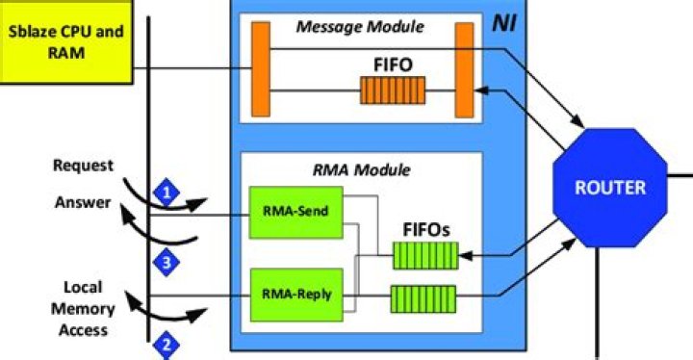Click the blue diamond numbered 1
167,192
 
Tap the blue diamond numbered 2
167,342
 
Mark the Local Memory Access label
90,308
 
